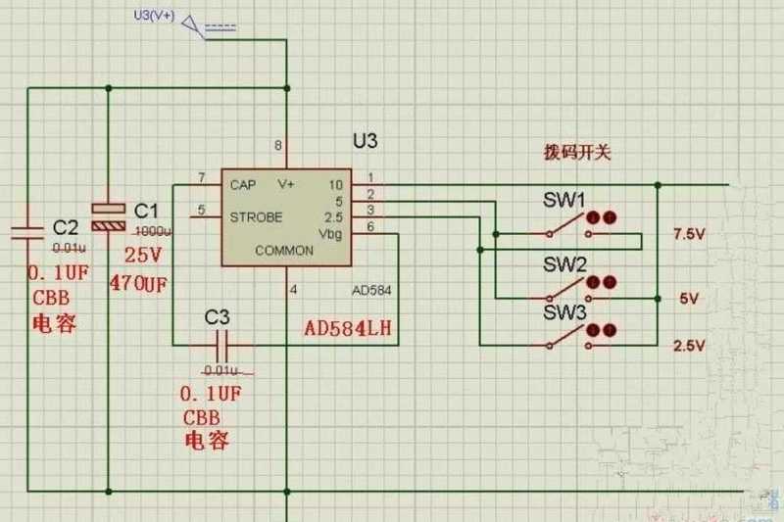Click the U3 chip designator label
366,142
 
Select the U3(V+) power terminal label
153,15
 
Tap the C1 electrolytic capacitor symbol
109,215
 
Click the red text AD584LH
347,327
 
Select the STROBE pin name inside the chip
256,215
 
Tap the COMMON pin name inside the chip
284,250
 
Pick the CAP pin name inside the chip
243,184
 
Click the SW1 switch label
564,201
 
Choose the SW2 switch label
564,265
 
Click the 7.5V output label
689,235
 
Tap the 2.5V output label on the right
689,346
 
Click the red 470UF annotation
137,285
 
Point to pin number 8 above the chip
279,146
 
